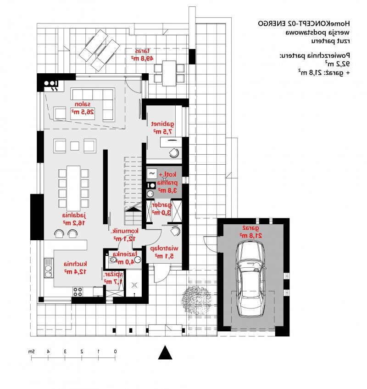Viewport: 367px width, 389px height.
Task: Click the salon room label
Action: tap(83, 108)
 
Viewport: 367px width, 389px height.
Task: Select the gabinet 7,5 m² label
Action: tap(163, 127)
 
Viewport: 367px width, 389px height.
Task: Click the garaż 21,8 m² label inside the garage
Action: tap(250, 231)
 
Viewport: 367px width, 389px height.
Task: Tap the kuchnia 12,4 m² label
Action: tap(76, 267)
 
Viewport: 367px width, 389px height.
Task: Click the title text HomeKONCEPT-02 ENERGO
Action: tap(304, 22)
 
